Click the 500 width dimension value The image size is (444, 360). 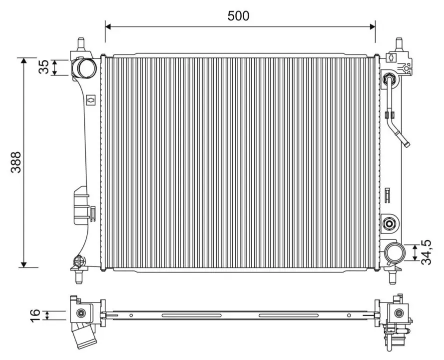(238, 16)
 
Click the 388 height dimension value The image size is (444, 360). (16, 162)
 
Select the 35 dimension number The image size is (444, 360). (43, 67)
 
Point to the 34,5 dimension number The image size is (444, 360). (426, 252)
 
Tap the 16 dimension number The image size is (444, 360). (35, 315)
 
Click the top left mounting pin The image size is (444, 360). (81, 44)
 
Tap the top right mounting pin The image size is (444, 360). (399, 44)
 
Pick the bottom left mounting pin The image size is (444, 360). (79, 276)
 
